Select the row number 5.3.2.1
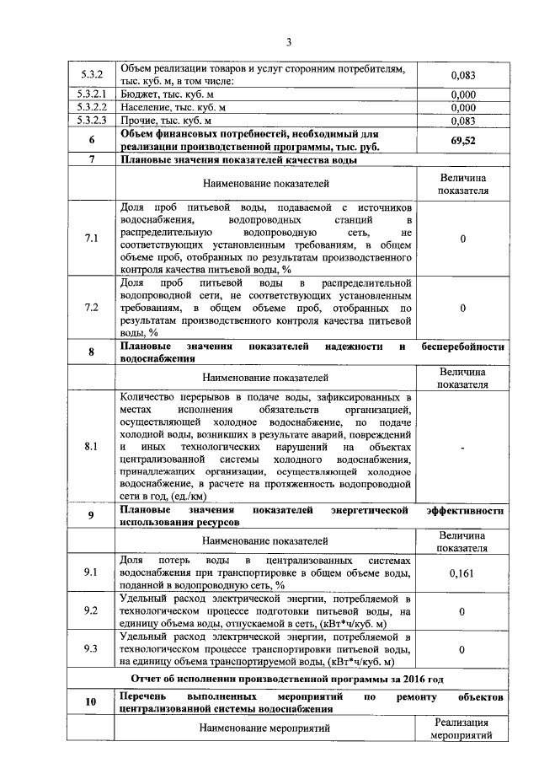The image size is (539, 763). click(x=90, y=94)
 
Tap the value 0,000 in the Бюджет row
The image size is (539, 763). click(x=462, y=94)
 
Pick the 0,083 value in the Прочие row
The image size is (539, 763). click(x=462, y=120)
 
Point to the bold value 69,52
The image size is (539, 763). click(x=462, y=140)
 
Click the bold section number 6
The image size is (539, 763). click(x=90, y=140)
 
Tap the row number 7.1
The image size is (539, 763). click(x=90, y=239)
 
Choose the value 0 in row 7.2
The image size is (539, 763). click(x=462, y=308)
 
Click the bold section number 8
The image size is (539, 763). click(x=90, y=352)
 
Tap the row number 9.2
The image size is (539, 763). click(x=90, y=610)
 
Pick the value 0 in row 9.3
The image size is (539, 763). click(x=462, y=650)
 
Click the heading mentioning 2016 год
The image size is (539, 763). click(x=288, y=678)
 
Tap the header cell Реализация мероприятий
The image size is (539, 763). click(x=462, y=728)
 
